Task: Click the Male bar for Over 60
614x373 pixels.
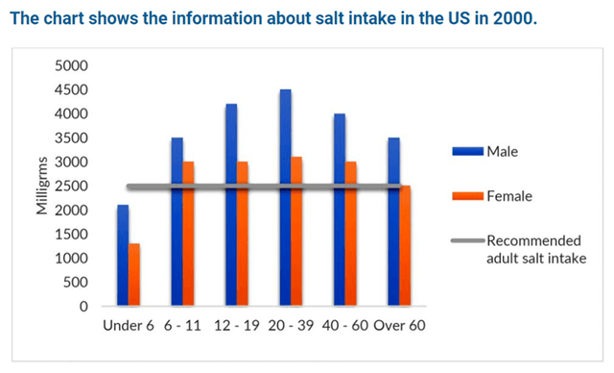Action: point(393,221)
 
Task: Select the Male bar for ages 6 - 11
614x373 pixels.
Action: point(177,221)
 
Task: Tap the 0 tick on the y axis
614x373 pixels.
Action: point(83,307)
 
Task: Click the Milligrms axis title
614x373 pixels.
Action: point(42,186)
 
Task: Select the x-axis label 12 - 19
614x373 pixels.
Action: point(237,325)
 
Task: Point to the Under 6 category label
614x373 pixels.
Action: point(129,325)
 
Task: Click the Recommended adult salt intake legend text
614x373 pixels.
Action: point(534,250)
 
